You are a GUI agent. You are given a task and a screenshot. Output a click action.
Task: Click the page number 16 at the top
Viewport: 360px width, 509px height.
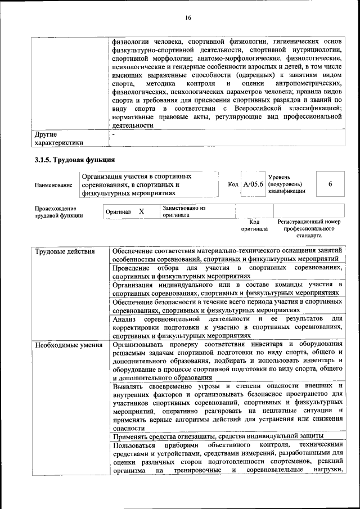click(188, 18)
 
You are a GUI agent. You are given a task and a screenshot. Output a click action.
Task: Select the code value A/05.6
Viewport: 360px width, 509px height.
click(253, 184)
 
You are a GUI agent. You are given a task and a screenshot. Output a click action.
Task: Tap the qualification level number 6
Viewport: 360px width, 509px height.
click(330, 184)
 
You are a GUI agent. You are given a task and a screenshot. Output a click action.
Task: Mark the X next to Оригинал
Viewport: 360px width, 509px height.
click(142, 211)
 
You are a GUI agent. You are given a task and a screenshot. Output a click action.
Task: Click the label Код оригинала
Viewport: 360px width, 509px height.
click(254, 226)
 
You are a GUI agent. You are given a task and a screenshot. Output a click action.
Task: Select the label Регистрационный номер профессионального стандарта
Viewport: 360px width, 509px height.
click(309, 229)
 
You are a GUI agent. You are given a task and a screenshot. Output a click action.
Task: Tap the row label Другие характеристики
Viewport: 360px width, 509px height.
click(59, 139)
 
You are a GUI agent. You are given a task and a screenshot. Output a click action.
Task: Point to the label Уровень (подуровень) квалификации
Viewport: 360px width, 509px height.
click(287, 184)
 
